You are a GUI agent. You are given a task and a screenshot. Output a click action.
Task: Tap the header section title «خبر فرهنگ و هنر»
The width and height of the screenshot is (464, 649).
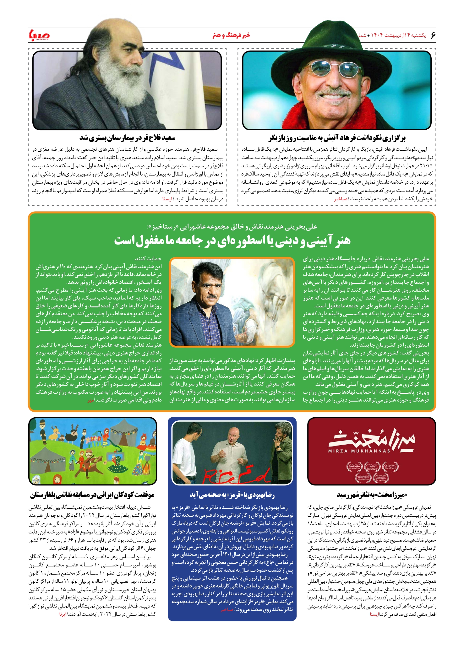231,35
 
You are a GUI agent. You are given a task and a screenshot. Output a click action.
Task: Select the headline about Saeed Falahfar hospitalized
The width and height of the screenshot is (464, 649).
128,138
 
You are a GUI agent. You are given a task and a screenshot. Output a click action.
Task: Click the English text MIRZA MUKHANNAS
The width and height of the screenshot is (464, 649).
359,451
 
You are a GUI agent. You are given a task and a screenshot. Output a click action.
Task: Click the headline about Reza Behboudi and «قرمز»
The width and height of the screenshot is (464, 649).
232,495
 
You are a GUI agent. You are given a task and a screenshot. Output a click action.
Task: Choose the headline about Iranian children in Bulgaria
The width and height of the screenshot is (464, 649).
92,495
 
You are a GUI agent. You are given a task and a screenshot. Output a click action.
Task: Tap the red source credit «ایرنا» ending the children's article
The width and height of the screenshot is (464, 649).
63,614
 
